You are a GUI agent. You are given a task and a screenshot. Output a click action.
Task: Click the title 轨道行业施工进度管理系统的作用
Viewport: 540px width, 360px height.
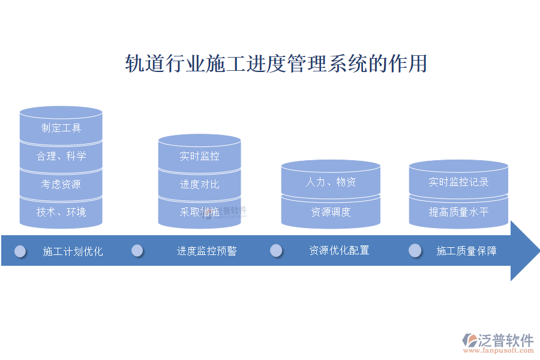[276, 64]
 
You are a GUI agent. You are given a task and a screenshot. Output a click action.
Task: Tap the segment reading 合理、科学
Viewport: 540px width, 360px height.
[61, 156]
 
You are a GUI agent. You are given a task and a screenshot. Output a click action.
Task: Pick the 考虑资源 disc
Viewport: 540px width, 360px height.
[61, 184]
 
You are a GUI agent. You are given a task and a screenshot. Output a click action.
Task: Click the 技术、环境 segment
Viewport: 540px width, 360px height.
[61, 212]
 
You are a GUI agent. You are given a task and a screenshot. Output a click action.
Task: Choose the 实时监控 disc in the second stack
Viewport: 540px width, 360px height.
[199, 154]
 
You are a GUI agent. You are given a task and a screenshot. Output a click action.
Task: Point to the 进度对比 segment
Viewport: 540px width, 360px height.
[199, 184]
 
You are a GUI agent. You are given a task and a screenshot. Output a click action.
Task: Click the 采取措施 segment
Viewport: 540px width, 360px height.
[199, 212]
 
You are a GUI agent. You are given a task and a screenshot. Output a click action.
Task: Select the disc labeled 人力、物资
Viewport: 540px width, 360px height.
[331, 179]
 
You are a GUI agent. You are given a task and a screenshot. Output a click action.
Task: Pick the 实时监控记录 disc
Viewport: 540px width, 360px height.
[458, 179]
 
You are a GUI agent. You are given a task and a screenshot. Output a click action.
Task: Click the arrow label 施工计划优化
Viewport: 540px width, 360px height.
[73, 251]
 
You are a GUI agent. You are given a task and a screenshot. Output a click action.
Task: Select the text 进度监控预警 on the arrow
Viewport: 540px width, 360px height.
[206, 251]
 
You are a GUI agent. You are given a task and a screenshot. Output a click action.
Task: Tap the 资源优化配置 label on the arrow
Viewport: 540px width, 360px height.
[339, 250]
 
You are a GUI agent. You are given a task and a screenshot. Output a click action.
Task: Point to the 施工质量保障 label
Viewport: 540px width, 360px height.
[466, 251]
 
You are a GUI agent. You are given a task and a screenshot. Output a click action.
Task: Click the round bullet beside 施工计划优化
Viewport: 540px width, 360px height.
[20, 251]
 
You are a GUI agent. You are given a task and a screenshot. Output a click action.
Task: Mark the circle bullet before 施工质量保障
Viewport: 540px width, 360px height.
[415, 250]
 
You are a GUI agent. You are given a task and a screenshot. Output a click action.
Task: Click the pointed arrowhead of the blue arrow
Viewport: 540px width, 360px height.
[539, 250]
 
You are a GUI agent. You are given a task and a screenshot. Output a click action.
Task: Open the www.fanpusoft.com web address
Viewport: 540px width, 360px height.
[499, 350]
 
